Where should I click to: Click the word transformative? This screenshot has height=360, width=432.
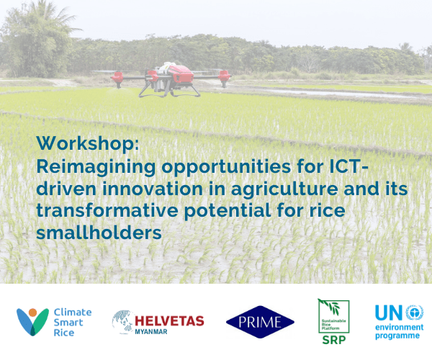107,210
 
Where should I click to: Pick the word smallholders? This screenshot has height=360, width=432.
99,233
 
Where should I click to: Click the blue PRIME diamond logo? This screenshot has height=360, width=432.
260,322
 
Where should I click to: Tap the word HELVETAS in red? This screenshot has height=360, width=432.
169,321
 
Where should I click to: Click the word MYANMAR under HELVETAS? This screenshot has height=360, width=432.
151,332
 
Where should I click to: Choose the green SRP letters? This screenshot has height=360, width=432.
334,340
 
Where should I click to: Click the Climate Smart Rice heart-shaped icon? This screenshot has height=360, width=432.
32,322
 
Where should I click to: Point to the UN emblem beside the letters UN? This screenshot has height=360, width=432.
415,312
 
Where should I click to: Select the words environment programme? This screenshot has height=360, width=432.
399,331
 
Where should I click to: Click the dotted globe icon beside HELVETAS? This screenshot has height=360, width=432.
123,322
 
